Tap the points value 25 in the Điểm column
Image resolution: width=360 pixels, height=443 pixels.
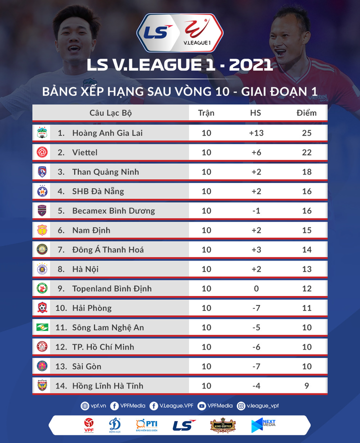point(306,133)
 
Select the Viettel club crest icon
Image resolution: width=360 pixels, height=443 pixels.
point(42,152)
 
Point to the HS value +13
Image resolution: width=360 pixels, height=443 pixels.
point(255,133)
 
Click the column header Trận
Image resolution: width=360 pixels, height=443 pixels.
point(206,113)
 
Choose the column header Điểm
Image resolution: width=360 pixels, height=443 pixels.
point(306,113)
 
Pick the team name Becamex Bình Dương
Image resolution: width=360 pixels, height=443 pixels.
point(113,210)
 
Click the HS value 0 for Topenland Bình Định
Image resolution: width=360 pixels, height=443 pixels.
point(255,288)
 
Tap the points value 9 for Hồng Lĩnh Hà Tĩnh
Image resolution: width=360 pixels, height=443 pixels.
point(306,386)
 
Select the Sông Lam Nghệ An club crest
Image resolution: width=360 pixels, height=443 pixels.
point(42,327)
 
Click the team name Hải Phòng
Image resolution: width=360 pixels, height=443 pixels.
point(91,308)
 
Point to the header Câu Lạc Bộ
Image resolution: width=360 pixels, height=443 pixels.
point(110,113)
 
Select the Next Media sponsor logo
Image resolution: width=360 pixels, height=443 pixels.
point(263,425)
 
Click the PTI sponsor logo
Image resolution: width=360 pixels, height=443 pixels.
point(146,425)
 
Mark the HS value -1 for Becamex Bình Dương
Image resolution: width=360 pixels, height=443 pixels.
point(255,210)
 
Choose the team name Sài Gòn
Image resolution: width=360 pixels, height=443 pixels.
point(86,366)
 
